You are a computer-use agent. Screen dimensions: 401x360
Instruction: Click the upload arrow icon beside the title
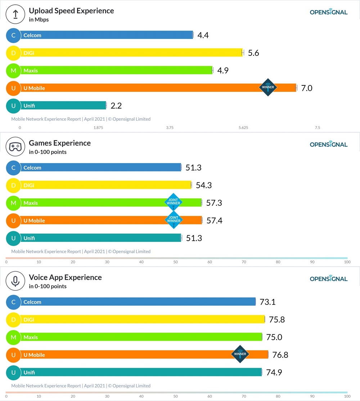click(15, 14)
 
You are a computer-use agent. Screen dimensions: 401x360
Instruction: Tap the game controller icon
click(15, 147)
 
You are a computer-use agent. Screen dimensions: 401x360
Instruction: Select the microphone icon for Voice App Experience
click(15, 281)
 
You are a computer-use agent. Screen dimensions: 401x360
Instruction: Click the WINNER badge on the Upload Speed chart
click(268, 87)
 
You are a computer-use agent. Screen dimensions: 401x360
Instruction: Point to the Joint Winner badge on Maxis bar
click(173, 202)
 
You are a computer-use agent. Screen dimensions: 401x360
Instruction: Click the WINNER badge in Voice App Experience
click(240, 354)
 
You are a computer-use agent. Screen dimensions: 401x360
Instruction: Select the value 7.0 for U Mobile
click(306, 88)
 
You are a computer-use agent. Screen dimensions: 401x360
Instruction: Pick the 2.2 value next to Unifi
click(116, 106)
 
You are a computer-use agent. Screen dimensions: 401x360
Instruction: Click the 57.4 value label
click(214, 220)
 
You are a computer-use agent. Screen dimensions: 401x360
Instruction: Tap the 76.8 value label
click(280, 355)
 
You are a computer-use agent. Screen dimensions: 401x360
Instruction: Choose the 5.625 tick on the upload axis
click(243, 128)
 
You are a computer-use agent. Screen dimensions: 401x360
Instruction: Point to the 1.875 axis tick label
click(98, 128)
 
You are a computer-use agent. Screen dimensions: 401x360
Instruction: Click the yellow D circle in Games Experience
click(13, 185)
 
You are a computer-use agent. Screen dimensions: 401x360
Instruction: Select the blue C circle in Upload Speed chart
click(13, 35)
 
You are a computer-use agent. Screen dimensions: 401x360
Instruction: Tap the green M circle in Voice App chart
click(13, 337)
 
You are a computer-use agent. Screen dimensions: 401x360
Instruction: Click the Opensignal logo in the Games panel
click(328, 144)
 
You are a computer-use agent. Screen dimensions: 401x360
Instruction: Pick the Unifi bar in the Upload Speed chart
click(63, 106)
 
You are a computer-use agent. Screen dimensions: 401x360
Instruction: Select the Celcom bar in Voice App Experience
click(137, 302)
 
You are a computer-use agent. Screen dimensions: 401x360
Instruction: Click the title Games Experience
click(60, 143)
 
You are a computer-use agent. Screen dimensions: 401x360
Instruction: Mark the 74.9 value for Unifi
click(274, 373)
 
